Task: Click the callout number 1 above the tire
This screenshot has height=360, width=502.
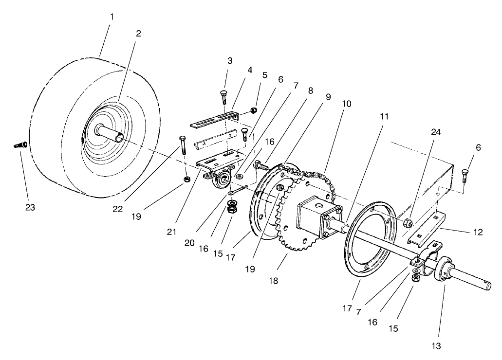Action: [x=112, y=17]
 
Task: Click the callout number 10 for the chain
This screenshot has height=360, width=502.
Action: [x=346, y=104]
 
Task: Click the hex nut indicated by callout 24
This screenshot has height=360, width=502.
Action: [x=409, y=223]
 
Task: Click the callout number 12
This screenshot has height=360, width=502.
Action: [x=478, y=233]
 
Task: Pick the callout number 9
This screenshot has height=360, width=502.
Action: [x=328, y=96]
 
